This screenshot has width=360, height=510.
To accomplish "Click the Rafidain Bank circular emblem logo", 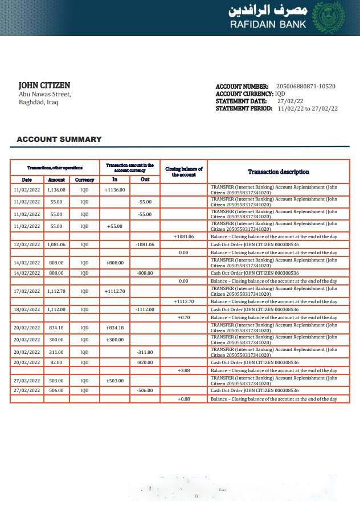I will (329, 17).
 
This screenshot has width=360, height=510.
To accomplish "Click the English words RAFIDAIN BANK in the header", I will (268, 25).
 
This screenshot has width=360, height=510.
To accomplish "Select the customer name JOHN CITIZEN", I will (44, 85).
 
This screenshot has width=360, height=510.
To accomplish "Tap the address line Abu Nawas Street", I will (45, 94).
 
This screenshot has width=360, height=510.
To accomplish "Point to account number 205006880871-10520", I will (306, 87).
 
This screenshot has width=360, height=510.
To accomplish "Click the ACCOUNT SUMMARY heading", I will (59, 139).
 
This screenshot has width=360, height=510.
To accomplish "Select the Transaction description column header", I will (278, 172).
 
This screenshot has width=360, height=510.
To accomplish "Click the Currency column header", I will (84, 179).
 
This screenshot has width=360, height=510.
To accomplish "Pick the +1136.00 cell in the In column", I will (114, 190).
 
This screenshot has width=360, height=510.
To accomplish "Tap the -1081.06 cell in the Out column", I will (145, 244).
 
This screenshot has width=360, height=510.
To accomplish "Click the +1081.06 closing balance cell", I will (183, 236).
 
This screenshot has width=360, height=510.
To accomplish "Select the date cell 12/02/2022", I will (27, 244).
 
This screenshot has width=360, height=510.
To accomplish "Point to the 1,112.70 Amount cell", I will (56, 291).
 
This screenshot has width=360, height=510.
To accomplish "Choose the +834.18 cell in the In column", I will (114, 328).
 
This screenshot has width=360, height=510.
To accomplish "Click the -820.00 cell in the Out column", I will (145, 362).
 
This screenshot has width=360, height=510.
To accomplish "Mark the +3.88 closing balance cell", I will (183, 370).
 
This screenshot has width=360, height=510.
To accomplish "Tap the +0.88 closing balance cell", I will (183, 399).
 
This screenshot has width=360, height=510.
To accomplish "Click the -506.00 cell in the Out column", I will (145, 390).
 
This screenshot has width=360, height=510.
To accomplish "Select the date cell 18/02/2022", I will (27, 309).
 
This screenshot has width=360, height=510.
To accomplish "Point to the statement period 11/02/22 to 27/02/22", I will (308, 108).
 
